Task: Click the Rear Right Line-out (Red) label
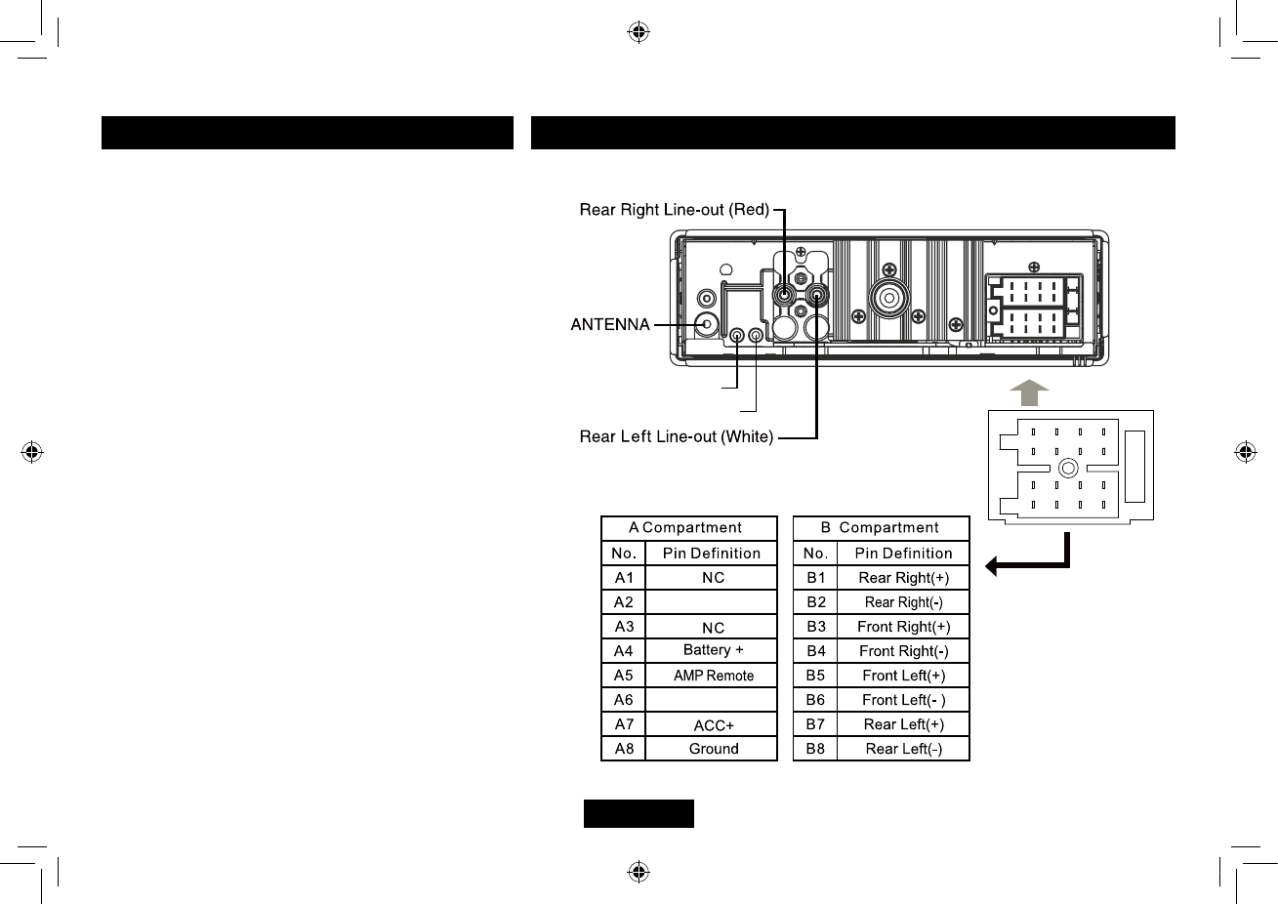(x=674, y=210)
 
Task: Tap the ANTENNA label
(x=610, y=324)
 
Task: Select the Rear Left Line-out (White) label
(x=676, y=436)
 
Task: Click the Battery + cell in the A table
(x=713, y=650)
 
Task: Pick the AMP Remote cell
(x=713, y=676)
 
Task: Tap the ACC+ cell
(x=713, y=725)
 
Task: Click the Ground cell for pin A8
(x=713, y=749)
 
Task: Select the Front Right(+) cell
(x=903, y=627)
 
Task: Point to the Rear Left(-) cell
(x=903, y=749)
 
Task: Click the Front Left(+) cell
(x=903, y=676)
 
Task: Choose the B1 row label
(x=815, y=578)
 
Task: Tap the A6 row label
(x=623, y=700)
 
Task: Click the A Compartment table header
(x=688, y=528)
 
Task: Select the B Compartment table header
(x=881, y=528)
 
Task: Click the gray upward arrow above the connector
(x=1028, y=392)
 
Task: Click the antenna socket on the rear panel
(x=706, y=324)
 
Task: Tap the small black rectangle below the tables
(x=639, y=813)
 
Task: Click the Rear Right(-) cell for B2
(x=903, y=602)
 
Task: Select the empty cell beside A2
(x=713, y=602)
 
